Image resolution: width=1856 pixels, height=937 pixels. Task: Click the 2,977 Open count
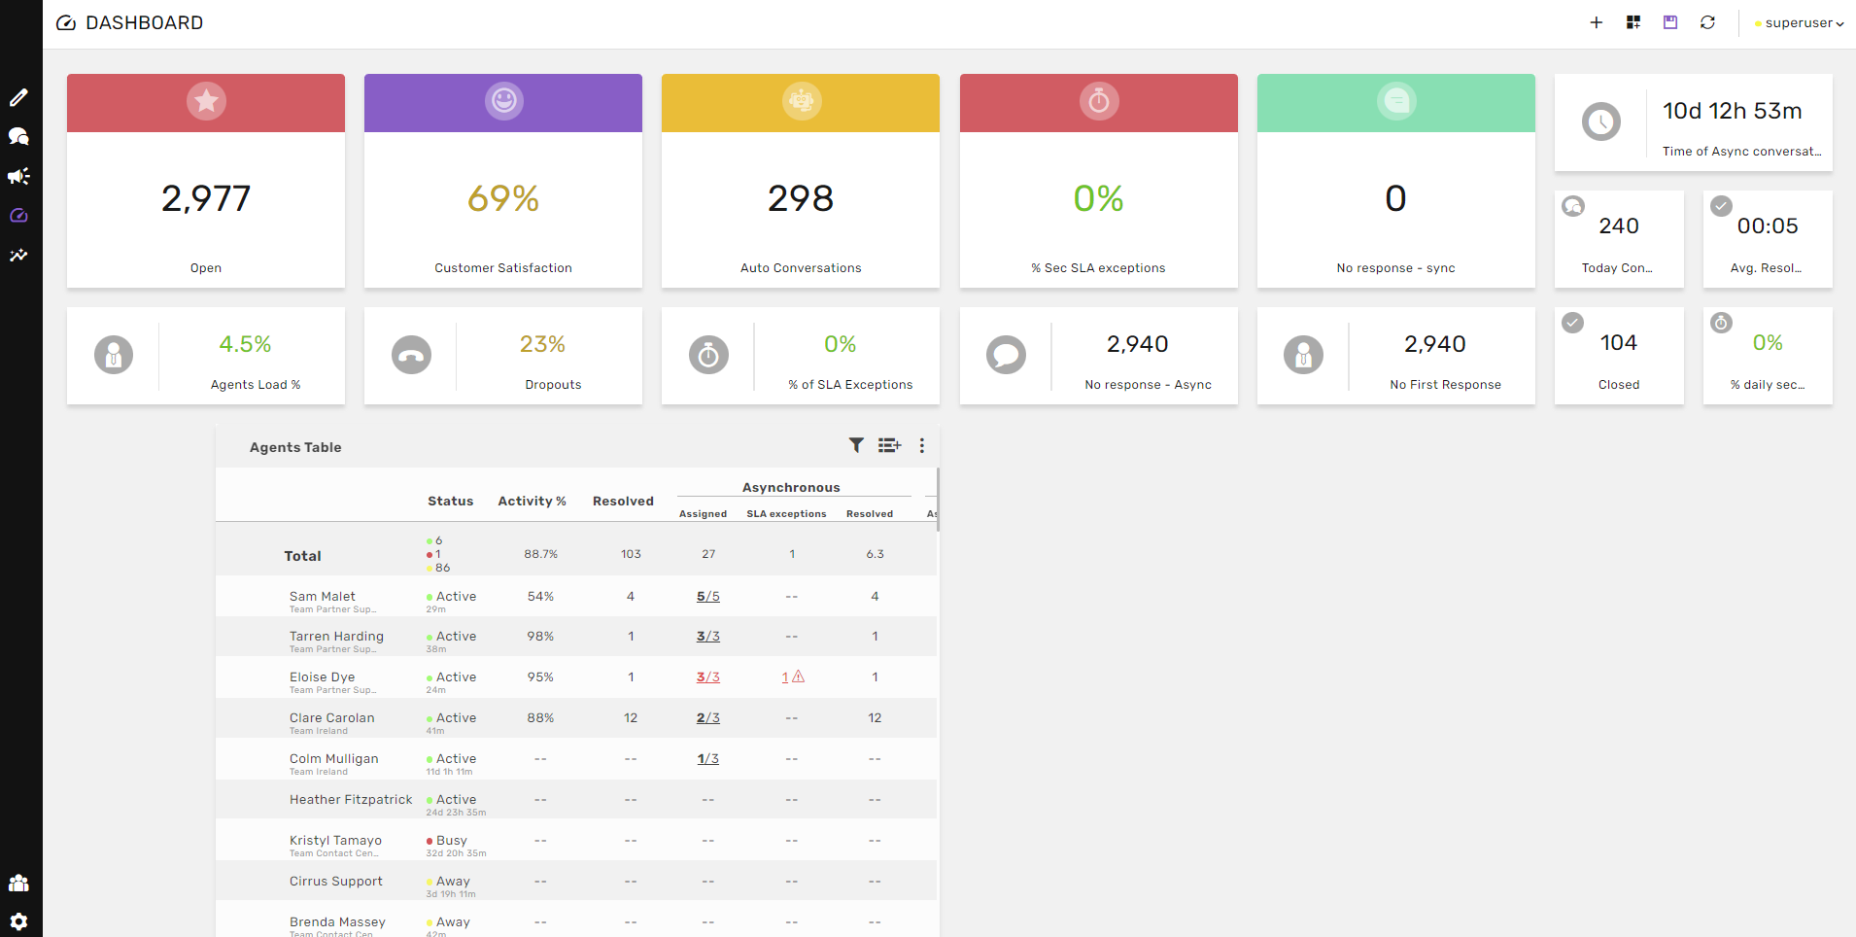pyautogui.click(x=206, y=199)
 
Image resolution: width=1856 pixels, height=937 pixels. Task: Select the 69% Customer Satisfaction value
pyautogui.click(x=503, y=199)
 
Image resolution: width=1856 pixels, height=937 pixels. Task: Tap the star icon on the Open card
pyautogui.click(x=206, y=101)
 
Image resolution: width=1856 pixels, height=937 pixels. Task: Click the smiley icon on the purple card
pyautogui.click(x=503, y=101)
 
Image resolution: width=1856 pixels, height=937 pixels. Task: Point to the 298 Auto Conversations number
pyautogui.click(x=801, y=199)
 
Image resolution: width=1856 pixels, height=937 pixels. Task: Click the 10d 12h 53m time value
pyautogui.click(x=1732, y=112)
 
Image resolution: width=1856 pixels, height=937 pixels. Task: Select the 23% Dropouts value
pyautogui.click(x=542, y=344)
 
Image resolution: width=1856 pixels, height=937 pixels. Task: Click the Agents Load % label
pyautogui.click(x=256, y=385)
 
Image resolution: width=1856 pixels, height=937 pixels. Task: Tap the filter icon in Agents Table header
pyautogui.click(x=856, y=445)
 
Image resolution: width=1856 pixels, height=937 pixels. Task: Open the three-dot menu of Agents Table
pyautogui.click(x=922, y=445)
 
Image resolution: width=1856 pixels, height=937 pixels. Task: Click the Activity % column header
pyautogui.click(x=532, y=502)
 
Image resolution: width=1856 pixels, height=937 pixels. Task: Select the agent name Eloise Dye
pyautogui.click(x=322, y=677)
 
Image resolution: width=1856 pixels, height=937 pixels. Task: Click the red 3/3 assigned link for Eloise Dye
pyautogui.click(x=707, y=677)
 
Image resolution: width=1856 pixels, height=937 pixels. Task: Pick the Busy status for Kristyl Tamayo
pyautogui.click(x=451, y=841)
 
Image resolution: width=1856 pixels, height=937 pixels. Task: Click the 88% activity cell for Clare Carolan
pyautogui.click(x=540, y=718)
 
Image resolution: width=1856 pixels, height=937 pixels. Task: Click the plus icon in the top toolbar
pyautogui.click(x=1596, y=22)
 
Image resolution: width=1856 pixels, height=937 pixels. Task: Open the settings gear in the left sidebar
pyautogui.click(x=18, y=920)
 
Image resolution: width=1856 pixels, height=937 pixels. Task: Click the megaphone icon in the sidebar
pyautogui.click(x=18, y=176)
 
